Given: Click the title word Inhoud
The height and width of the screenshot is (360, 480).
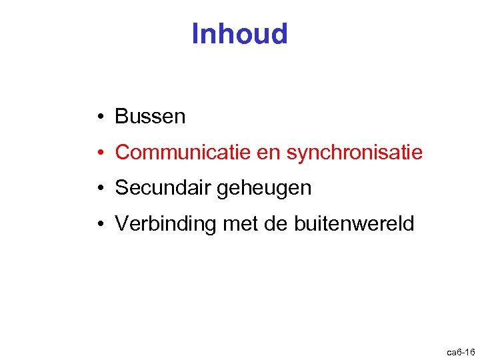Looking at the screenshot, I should pos(239,34).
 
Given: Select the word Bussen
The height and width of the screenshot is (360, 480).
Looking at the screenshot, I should pos(150,117).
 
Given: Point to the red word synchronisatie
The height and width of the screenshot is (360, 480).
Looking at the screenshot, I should pos(354,153).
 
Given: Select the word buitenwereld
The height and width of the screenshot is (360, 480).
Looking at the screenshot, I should pos(354,225).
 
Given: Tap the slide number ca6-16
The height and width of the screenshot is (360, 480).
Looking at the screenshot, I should pos(461,351).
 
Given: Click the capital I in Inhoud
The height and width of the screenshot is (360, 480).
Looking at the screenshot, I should pos(195,34).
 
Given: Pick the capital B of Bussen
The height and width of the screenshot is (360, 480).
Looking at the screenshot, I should pos(121,117).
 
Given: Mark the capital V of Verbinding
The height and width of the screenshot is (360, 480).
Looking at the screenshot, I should pos(121,225).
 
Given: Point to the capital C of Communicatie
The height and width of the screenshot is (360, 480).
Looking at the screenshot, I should pos(122,153).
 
